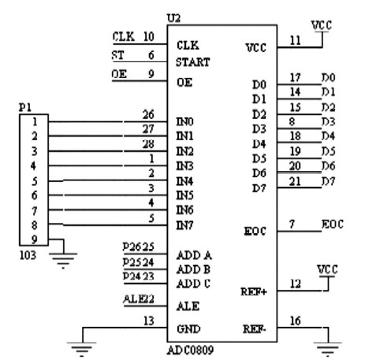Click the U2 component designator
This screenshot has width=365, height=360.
pyautogui.click(x=174, y=17)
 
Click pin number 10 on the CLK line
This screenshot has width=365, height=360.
pyautogui.click(x=148, y=35)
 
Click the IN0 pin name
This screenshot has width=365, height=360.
pyautogui.click(x=187, y=123)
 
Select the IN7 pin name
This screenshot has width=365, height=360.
pyautogui.click(x=187, y=227)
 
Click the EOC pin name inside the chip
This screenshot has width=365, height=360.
pyautogui.click(x=256, y=232)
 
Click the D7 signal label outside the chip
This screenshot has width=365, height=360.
pyautogui.click(x=327, y=182)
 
